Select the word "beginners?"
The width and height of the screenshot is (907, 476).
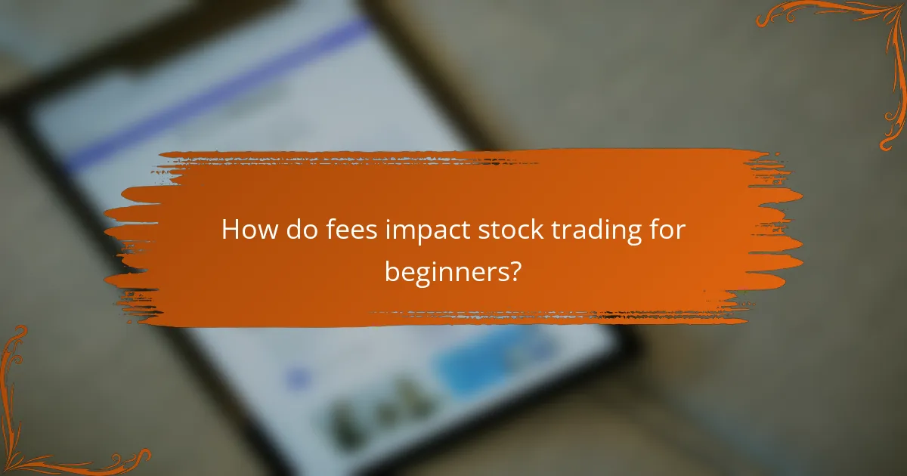coord(452,271)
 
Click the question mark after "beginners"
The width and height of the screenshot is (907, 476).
coord(515,270)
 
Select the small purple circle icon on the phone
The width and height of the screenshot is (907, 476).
coord(299,376)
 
